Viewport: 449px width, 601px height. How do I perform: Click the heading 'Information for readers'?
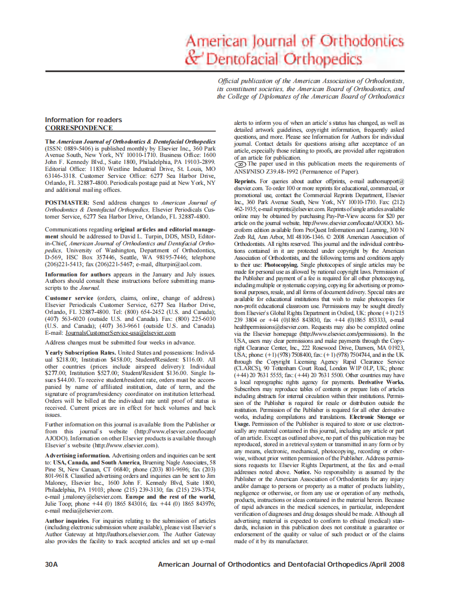(83, 120)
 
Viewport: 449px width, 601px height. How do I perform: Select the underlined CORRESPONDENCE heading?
(79, 128)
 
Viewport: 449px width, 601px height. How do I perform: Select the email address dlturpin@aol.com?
(192, 264)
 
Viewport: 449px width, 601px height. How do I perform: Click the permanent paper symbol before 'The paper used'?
(240, 164)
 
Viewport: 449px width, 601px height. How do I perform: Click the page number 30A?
(52, 565)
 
